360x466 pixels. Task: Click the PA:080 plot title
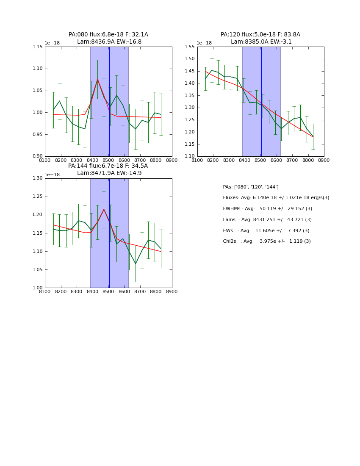point(108,35)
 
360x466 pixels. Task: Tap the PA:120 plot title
point(260,35)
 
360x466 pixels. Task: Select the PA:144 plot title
point(108,166)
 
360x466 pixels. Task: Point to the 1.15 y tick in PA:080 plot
point(38,47)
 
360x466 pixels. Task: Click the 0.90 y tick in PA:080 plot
point(38,156)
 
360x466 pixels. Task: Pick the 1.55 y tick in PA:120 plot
point(190,47)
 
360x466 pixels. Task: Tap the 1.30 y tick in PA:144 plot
point(38,178)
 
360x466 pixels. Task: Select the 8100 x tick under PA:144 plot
point(45,292)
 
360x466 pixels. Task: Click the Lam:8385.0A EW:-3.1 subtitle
point(261,42)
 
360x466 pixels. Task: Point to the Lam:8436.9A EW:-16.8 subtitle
point(109,42)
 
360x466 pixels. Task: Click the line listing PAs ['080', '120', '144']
point(250,187)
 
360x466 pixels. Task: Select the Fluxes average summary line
point(276,198)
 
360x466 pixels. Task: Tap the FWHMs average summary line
point(267,209)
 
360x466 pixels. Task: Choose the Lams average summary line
point(267,220)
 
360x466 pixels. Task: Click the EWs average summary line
point(266,230)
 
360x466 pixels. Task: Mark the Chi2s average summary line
point(266,241)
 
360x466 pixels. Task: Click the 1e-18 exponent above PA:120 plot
point(204,43)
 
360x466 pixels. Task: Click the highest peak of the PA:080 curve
point(97,79)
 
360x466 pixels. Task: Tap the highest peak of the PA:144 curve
point(104,209)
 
